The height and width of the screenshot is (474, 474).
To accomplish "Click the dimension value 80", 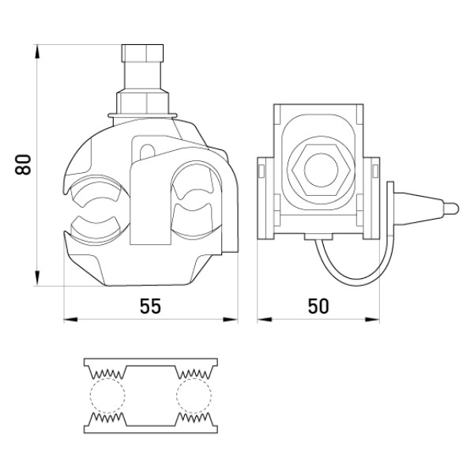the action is tap(23, 164).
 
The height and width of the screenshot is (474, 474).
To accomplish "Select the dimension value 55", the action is tap(150, 306).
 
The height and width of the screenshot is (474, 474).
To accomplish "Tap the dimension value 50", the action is tap(318, 306).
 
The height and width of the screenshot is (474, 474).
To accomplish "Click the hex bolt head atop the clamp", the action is tap(142, 53).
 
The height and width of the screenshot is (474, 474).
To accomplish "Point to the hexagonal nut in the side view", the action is tap(321, 170).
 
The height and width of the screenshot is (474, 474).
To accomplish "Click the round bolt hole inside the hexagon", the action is tap(321, 170).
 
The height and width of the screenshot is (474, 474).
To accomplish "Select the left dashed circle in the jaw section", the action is tap(107, 395).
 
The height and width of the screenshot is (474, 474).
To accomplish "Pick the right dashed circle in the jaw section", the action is tap(194, 395).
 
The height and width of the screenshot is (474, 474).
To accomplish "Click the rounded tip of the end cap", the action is tap(452, 209).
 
